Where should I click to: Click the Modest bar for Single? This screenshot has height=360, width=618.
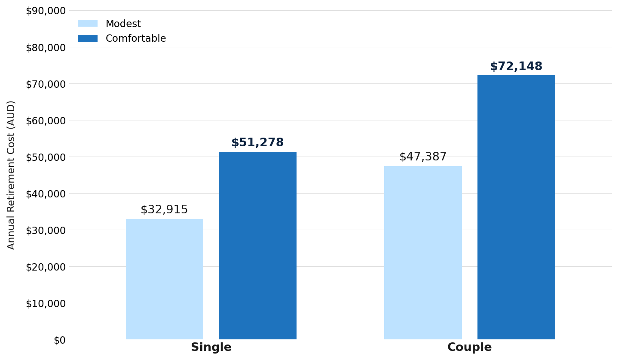point(165,279)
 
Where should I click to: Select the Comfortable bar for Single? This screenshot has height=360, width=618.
point(257,246)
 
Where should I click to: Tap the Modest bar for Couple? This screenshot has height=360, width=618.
point(423,252)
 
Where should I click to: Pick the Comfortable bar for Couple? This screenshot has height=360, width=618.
point(516,207)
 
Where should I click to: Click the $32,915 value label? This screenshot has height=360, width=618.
point(164,209)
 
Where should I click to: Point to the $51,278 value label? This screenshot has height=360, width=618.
point(257,142)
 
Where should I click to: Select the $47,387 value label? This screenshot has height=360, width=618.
point(423,157)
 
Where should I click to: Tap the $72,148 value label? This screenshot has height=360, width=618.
point(516,66)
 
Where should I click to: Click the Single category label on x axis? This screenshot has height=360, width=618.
point(211,347)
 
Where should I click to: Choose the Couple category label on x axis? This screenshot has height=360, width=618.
point(470,347)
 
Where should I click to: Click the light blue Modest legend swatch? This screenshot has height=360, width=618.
point(88,24)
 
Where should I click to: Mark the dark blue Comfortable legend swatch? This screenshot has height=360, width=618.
point(88,38)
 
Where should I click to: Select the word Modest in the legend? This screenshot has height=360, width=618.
point(123,24)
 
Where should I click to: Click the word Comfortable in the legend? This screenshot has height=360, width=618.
point(136,38)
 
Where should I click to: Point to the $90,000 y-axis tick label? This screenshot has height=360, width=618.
point(46,11)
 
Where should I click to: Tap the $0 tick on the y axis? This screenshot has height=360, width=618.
point(60,340)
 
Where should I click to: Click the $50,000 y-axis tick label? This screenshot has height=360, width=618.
point(46,157)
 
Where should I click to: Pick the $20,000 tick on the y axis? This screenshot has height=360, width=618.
point(46,267)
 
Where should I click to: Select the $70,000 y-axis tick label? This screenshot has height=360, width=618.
point(46,84)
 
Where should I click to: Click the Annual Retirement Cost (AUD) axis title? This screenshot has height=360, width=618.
point(10,175)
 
